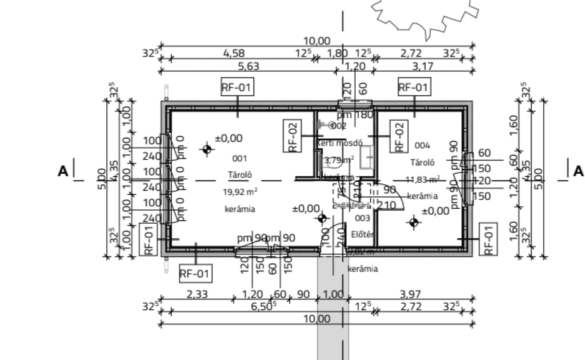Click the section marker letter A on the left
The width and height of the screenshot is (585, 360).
point(63,171)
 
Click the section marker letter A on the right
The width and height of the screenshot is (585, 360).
point(578,171)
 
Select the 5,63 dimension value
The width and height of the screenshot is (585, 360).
point(249,66)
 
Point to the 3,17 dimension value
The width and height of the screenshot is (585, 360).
point(422,66)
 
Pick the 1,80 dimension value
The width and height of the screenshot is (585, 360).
point(337,53)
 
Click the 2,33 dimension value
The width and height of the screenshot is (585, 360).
point(197,294)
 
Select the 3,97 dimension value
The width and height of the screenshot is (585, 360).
point(410,294)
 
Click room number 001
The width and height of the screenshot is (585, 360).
point(239,158)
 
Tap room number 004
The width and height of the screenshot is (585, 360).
point(422,146)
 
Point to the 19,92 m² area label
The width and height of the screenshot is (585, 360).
point(240,192)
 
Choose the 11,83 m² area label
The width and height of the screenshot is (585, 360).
point(422,180)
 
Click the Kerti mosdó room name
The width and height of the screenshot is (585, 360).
point(339,143)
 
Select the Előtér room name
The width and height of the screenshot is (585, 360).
point(362,235)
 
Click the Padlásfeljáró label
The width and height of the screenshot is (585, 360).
point(351,205)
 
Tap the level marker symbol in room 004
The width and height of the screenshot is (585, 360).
point(414,222)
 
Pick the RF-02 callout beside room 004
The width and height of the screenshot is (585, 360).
point(399,136)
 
